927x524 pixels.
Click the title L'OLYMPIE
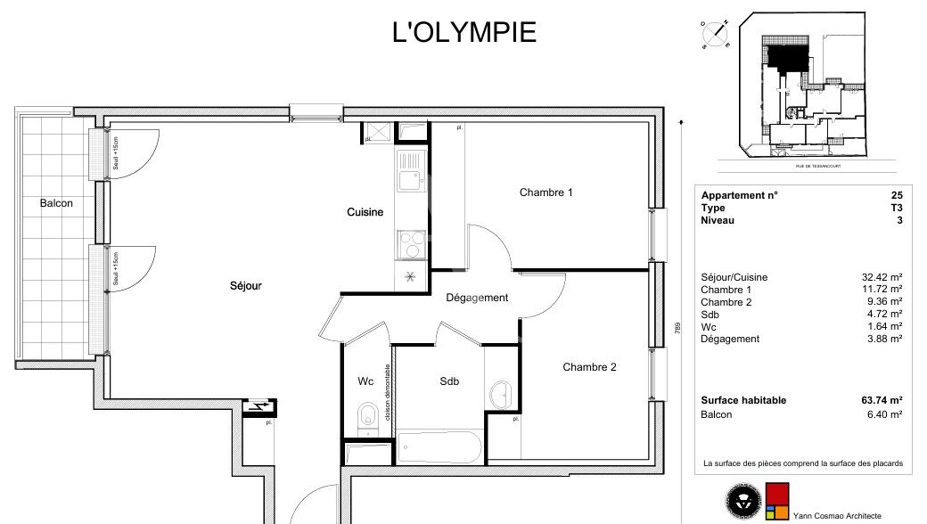pos(464,32)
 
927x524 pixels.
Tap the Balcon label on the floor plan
pos(56,203)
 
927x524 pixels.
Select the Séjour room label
pos(246,286)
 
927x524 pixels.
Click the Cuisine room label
pos(365,212)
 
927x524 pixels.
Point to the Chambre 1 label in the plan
pos(546,192)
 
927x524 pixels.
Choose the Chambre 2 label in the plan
pos(589,367)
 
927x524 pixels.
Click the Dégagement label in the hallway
pos(477,298)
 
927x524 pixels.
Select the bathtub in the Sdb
pos(439,445)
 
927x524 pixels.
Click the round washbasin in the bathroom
pos(501,393)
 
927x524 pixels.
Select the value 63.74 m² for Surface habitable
pos(883,401)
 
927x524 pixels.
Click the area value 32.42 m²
pos(883,277)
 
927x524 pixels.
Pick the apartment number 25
pos(896,196)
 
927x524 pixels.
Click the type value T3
pos(896,208)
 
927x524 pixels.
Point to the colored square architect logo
pos(776,502)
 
